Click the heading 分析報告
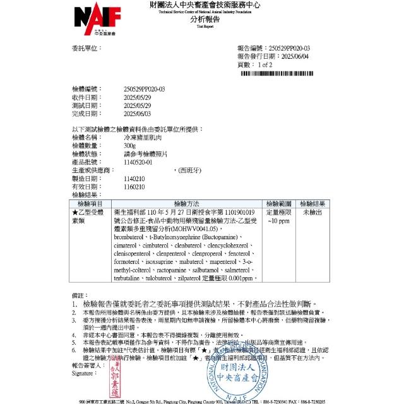[x=202, y=20]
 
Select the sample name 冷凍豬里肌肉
[x=141, y=137]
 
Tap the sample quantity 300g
[x=131, y=145]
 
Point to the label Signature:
[x=87, y=374]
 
